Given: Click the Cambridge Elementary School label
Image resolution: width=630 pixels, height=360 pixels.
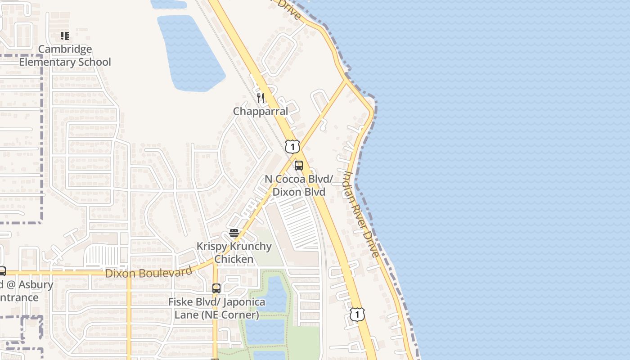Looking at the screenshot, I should (65, 55).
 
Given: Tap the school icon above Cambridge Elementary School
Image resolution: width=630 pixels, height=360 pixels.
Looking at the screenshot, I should (65, 36).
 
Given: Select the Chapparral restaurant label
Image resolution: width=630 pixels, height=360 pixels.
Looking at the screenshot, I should (260, 111).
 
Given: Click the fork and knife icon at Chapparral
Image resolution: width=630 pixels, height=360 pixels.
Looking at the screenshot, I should (261, 98).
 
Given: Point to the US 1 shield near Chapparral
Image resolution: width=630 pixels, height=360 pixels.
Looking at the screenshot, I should (292, 146).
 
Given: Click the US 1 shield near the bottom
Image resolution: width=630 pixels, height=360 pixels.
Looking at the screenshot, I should (357, 314).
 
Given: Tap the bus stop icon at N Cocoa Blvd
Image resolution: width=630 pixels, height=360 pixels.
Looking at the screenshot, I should (299, 166).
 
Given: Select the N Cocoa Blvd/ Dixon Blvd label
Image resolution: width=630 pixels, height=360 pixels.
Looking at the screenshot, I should (299, 185).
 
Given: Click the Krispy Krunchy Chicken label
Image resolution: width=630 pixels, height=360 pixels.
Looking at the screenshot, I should (234, 252).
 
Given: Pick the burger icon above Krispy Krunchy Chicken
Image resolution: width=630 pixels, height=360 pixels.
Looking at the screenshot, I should (234, 233).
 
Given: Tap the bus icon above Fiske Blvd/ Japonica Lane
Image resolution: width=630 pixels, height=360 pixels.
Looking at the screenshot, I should (216, 288).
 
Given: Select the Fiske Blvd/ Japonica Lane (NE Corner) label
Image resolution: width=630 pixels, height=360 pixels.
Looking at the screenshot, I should (216, 308).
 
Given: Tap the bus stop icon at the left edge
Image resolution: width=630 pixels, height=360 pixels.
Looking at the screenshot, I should (2, 271).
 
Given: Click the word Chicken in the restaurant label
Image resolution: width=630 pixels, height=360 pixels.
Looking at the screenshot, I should (234, 259).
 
